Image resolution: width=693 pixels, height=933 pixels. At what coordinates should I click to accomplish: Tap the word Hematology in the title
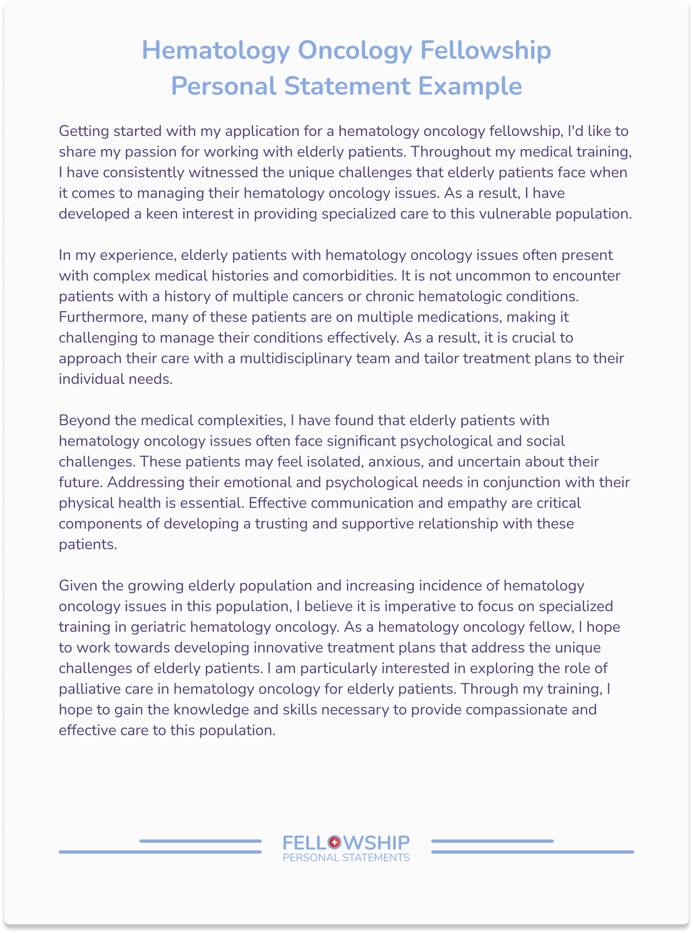216,51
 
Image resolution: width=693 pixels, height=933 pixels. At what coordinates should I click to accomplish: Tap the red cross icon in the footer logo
334,842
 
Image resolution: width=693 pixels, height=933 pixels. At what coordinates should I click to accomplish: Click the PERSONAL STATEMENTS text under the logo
346,858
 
